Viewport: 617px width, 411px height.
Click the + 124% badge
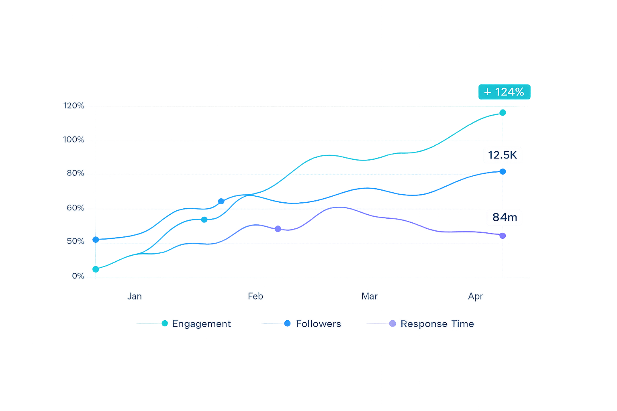tap(504, 92)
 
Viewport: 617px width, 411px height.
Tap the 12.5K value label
tap(502, 155)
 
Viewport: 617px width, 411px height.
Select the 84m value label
tap(505, 217)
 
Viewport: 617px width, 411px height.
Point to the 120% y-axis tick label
tap(74, 106)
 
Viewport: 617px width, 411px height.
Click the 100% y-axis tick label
tap(74, 140)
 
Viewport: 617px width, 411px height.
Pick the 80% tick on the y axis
tap(75, 173)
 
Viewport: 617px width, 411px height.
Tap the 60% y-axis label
tap(75, 208)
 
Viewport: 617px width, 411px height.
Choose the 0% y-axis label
tap(78, 276)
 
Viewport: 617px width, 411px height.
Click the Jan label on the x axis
tap(135, 296)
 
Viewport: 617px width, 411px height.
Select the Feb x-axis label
tap(255, 296)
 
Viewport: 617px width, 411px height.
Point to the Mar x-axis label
tap(370, 296)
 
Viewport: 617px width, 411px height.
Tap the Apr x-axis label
tap(476, 296)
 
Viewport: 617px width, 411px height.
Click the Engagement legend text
tap(201, 324)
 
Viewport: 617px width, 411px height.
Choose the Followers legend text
tap(318, 324)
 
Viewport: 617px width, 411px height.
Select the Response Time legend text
tap(437, 324)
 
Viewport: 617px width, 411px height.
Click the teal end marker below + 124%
tap(503, 113)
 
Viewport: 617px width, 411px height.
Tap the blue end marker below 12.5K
tap(503, 172)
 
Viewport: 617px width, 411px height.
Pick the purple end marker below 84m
tap(503, 236)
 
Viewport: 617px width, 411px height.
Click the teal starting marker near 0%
tap(96, 269)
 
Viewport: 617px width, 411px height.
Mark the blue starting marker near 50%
tap(96, 240)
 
